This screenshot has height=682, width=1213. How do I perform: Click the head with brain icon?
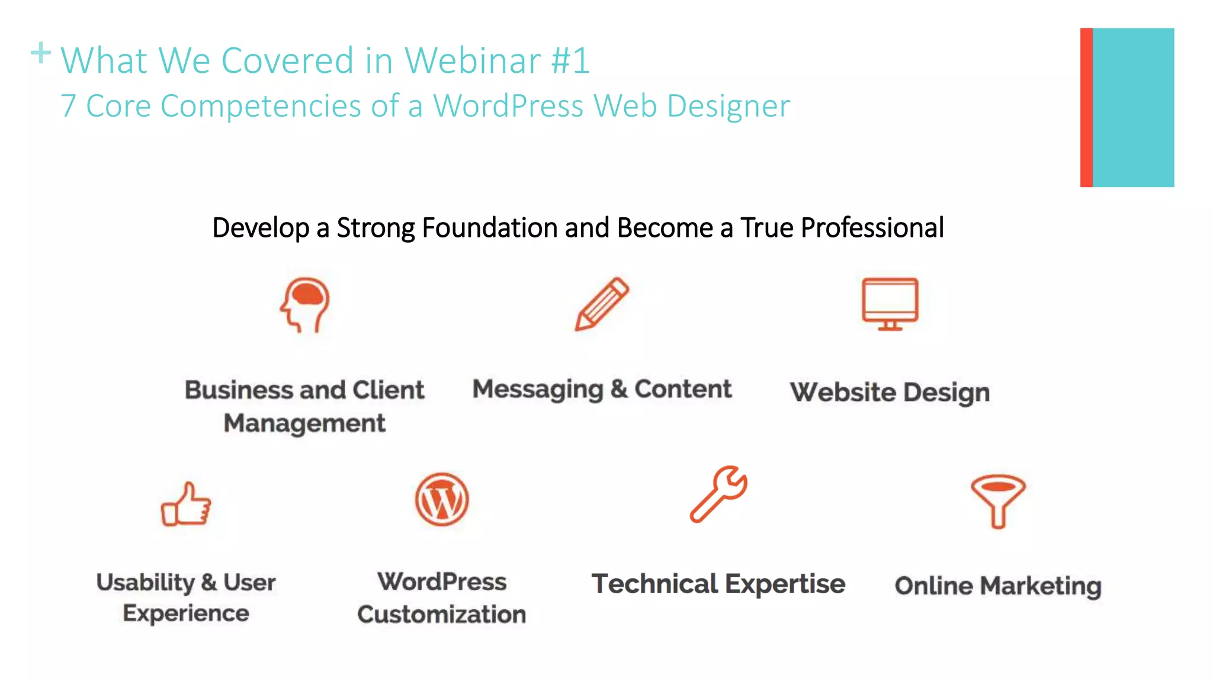[305, 304]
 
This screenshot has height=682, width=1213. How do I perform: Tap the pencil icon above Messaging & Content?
[602, 304]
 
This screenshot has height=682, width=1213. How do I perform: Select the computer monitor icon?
[890, 303]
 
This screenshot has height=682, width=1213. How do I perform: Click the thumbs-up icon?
[186, 504]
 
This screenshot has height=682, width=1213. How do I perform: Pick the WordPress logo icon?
[442, 500]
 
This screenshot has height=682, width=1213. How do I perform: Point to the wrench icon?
[718, 494]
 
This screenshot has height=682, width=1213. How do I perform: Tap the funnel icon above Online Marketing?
[998, 500]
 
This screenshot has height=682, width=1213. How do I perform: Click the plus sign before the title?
[41, 53]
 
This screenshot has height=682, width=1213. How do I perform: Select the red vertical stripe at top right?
[1086, 107]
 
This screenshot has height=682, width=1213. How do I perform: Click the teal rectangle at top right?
[1133, 107]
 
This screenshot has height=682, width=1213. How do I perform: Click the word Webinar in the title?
[472, 60]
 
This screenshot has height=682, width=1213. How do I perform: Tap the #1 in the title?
[570, 60]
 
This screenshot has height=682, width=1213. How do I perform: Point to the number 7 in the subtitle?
[69, 106]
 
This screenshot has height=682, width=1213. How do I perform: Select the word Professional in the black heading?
[872, 228]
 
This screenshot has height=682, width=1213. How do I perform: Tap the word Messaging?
[537, 390]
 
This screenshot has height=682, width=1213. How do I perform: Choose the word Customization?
[441, 615]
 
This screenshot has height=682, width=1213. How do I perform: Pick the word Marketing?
[1040, 586]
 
